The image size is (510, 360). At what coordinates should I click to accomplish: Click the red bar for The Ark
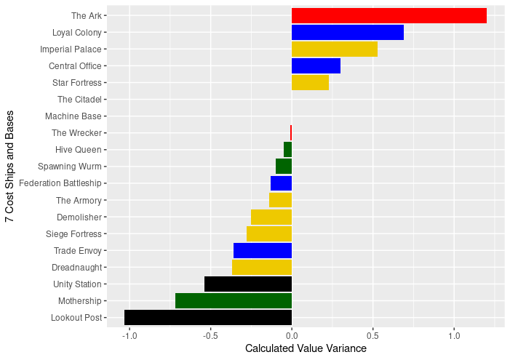(389, 15)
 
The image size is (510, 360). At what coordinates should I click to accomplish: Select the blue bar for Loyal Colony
(347, 32)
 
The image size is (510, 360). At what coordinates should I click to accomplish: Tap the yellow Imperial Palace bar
(334, 49)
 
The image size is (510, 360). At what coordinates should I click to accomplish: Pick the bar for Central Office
(316, 66)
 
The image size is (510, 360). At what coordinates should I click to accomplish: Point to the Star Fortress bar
(310, 83)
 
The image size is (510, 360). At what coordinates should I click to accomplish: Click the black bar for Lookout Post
(208, 318)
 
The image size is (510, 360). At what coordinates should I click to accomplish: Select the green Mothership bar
(234, 300)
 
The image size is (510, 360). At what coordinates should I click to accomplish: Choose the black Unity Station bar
(248, 284)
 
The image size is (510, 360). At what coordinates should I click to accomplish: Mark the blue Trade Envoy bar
(263, 250)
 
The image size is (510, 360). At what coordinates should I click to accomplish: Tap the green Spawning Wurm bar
(284, 166)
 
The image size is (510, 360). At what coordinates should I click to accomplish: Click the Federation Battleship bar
(281, 183)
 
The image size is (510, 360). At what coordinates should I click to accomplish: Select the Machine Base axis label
(73, 116)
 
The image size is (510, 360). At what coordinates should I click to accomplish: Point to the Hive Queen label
(79, 150)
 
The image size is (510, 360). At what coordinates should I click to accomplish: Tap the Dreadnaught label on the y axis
(78, 268)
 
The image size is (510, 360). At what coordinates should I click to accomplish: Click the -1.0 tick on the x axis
(129, 335)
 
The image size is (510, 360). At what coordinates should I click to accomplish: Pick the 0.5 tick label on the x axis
(372, 335)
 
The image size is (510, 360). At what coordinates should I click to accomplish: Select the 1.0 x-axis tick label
(454, 335)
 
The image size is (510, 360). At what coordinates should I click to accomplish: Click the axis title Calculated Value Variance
(306, 349)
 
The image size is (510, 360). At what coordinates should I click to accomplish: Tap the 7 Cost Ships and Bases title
(10, 167)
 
